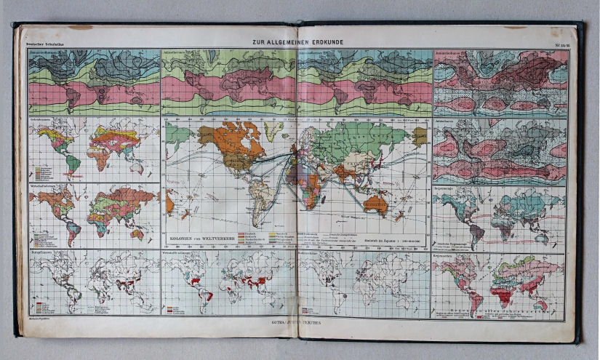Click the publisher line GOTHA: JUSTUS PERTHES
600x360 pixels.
coord(299,319)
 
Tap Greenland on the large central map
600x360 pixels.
coord(275,130)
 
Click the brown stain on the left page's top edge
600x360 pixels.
coord(81,28)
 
